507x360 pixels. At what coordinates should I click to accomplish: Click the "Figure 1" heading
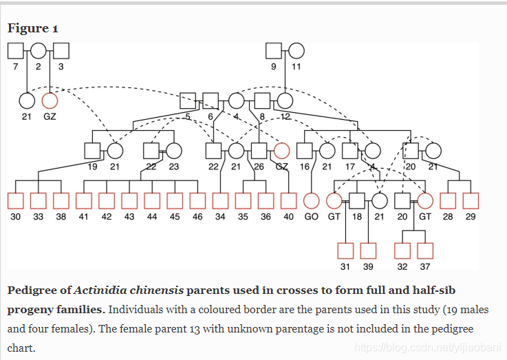coord(32,28)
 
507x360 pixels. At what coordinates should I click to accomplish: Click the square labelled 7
coord(16,50)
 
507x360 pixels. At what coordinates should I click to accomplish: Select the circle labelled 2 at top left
coord(39,50)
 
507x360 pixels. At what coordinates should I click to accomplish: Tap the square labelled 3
coord(61,50)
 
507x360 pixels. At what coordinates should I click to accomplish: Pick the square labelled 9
coord(274,50)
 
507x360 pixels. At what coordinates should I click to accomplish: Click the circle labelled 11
coord(296,50)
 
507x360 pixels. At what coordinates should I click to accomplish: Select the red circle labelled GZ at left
coord(50,100)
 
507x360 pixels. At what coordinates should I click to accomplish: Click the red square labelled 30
coord(16,200)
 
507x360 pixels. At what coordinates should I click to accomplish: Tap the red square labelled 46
coord(197,200)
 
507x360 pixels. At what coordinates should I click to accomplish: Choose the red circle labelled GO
coord(312,200)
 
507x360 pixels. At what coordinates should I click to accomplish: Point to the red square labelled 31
coord(345,251)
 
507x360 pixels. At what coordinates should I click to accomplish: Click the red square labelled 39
coord(368,251)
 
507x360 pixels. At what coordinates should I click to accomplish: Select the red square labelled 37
coord(425,251)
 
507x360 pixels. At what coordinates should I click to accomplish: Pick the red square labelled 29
coord(471,200)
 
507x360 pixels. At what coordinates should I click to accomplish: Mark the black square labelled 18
coord(357,200)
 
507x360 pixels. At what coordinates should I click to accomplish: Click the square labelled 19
coord(92,150)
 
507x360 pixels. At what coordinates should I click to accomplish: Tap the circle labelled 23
coord(174,150)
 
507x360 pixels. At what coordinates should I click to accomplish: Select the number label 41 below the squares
coord(84,216)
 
